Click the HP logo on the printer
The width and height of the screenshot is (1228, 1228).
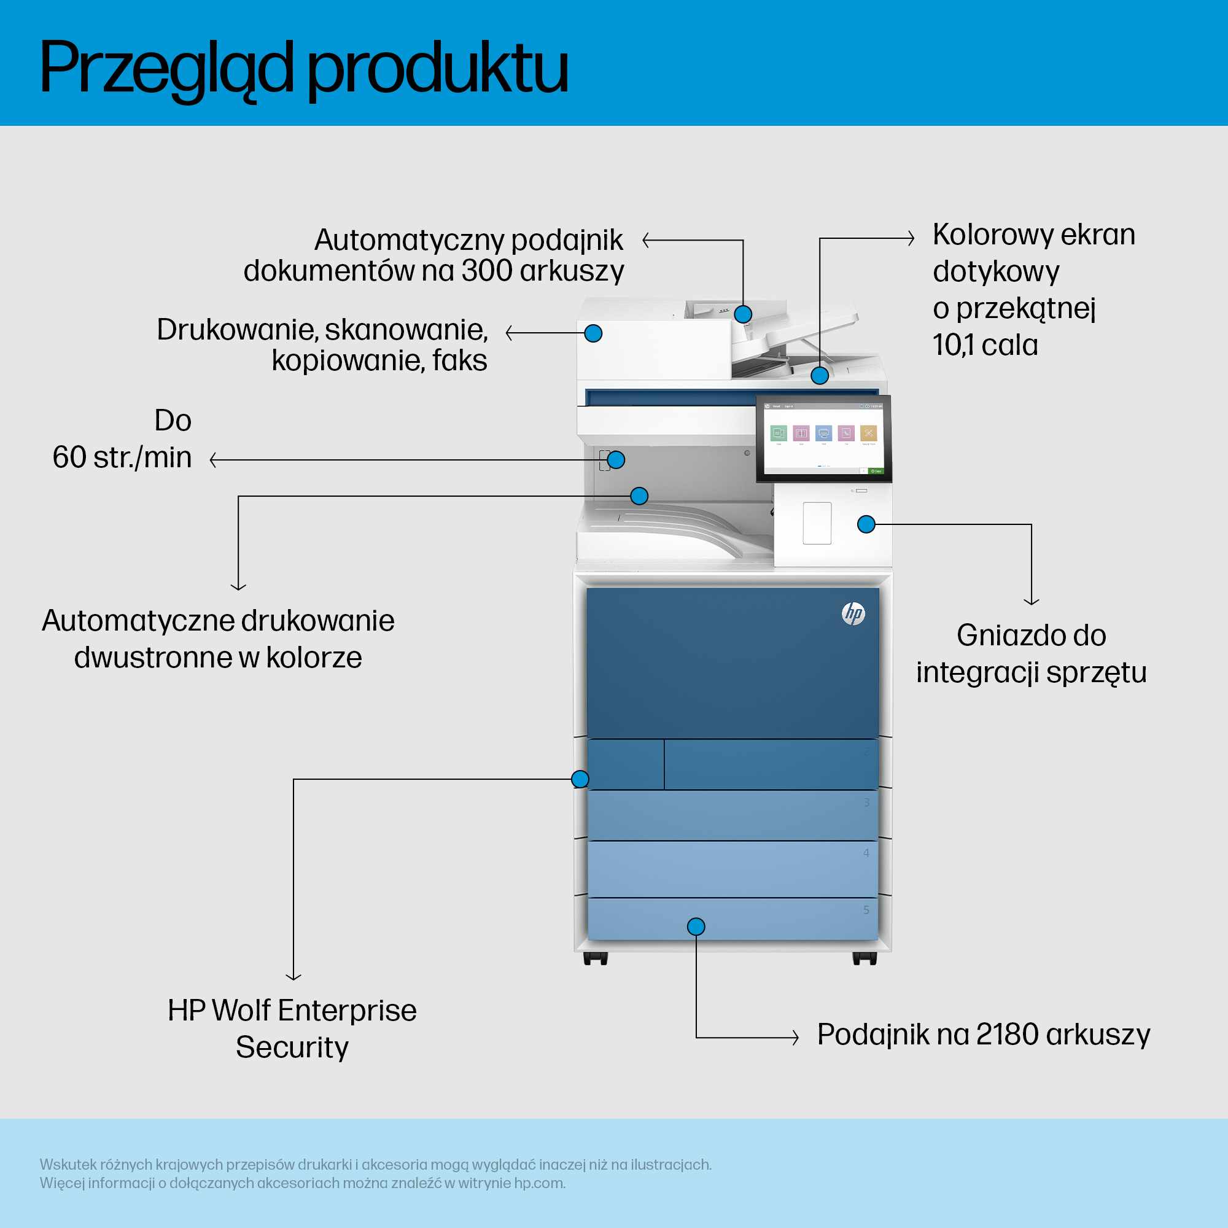tap(853, 613)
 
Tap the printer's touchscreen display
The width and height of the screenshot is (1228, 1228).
tap(824, 438)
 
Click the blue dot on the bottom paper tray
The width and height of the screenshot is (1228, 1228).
tap(696, 926)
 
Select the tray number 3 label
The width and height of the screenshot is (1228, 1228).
tap(866, 802)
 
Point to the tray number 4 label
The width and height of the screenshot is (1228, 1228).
tap(866, 853)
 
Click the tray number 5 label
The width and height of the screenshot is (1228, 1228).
tap(866, 910)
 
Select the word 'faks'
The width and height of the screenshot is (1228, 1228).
tap(459, 360)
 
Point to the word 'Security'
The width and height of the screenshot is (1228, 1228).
tap(292, 1047)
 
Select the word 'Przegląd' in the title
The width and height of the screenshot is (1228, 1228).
tap(167, 69)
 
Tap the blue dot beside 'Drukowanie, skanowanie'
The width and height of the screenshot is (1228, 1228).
tap(593, 333)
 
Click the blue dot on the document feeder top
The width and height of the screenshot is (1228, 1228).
tap(743, 314)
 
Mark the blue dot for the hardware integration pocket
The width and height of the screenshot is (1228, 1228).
tap(866, 524)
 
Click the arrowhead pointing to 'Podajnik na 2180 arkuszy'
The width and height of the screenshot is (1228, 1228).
tap(795, 1037)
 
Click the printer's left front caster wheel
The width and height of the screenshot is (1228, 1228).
tap(596, 958)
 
